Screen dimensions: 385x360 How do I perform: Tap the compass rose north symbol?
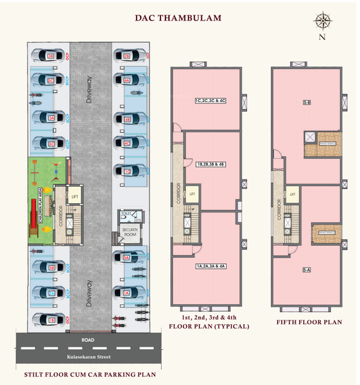point(321,22)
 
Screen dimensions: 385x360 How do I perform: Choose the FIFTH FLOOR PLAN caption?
point(309,322)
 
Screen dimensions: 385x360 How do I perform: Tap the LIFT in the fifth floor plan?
point(293,194)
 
